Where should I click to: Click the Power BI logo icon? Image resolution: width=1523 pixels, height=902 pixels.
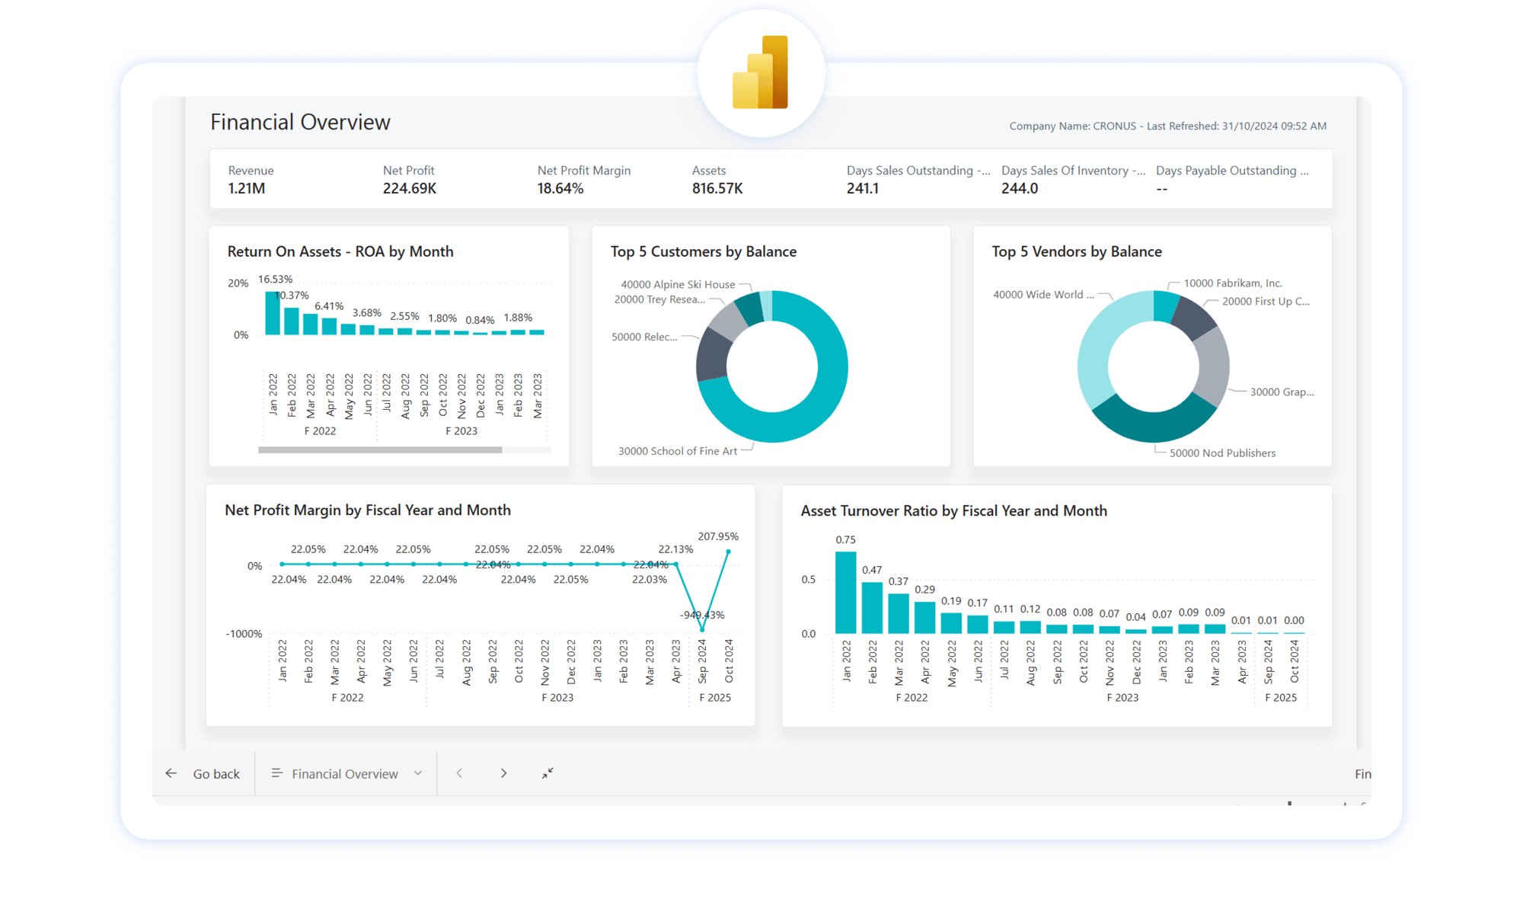coord(760,73)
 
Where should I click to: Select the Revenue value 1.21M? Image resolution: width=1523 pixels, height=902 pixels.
coord(247,188)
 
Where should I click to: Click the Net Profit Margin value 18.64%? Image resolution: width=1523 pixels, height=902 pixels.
coord(560,188)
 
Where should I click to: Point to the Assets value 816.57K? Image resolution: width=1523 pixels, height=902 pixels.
coord(717,188)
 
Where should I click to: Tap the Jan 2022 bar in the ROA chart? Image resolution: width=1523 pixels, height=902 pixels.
coord(273,313)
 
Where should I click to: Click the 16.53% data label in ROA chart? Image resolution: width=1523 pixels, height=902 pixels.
coord(275,280)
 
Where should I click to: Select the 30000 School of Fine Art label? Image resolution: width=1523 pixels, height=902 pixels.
coord(677,451)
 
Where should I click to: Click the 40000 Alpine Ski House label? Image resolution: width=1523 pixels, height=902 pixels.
coord(678,284)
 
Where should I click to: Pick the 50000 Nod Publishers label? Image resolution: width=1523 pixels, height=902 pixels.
coord(1222,453)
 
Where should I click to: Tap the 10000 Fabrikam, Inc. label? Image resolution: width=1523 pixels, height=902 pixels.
coord(1233,283)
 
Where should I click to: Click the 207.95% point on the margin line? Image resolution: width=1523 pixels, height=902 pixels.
coord(728,552)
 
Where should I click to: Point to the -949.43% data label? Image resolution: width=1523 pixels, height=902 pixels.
coord(702,615)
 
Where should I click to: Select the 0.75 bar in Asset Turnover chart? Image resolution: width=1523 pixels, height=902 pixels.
coord(845,593)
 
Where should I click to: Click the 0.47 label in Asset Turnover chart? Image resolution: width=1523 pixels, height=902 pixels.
coord(872,570)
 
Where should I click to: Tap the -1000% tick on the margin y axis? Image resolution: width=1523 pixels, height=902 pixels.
coord(244,634)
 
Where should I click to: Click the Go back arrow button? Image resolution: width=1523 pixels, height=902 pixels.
coord(171,773)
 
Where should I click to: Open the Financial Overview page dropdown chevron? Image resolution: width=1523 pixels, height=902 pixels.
coord(418,773)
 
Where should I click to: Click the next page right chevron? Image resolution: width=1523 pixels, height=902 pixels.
coord(503,773)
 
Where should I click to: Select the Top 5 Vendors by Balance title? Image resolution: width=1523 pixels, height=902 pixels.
coord(1076,251)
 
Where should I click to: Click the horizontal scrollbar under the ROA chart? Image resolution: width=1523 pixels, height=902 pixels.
coord(380,450)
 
